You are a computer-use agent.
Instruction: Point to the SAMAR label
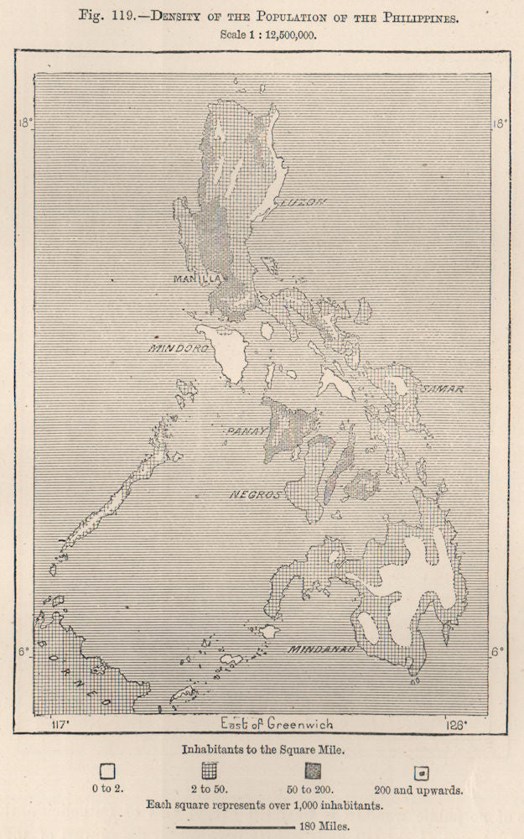click(x=442, y=389)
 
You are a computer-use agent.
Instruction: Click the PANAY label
click(x=245, y=431)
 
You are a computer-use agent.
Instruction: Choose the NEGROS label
click(x=255, y=495)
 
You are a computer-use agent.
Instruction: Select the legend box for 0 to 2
click(x=107, y=769)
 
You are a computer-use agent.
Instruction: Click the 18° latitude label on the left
click(x=24, y=122)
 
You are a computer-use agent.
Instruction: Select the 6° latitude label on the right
click(x=498, y=650)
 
